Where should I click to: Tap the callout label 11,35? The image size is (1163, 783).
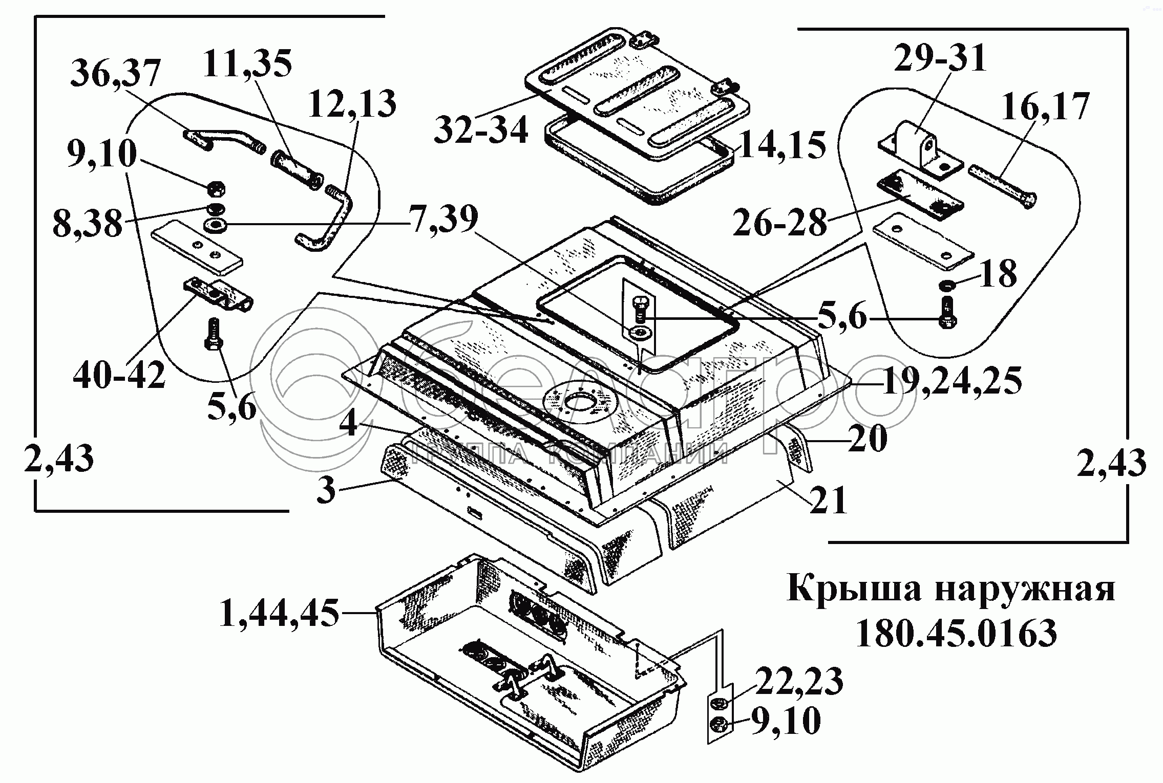[x=247, y=64]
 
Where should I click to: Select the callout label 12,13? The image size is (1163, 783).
[x=353, y=104]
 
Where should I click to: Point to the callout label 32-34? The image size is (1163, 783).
[x=481, y=130]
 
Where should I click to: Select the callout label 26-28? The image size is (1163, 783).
[x=780, y=222]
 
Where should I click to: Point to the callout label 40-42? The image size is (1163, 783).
[x=120, y=375]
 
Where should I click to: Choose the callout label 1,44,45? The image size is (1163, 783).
[x=280, y=613]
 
